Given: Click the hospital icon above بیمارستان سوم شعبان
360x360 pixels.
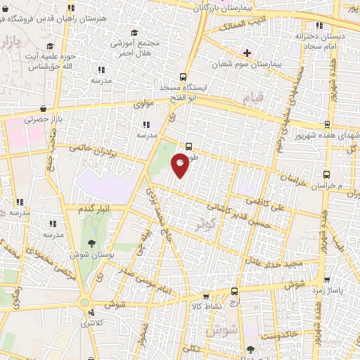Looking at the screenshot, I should (247, 53).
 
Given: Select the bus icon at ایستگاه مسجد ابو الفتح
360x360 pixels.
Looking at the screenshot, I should (184, 77).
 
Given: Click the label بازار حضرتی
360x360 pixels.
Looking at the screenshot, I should (44, 120).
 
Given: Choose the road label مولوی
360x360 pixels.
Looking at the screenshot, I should (143, 104).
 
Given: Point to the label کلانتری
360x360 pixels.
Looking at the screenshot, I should (90, 323).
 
